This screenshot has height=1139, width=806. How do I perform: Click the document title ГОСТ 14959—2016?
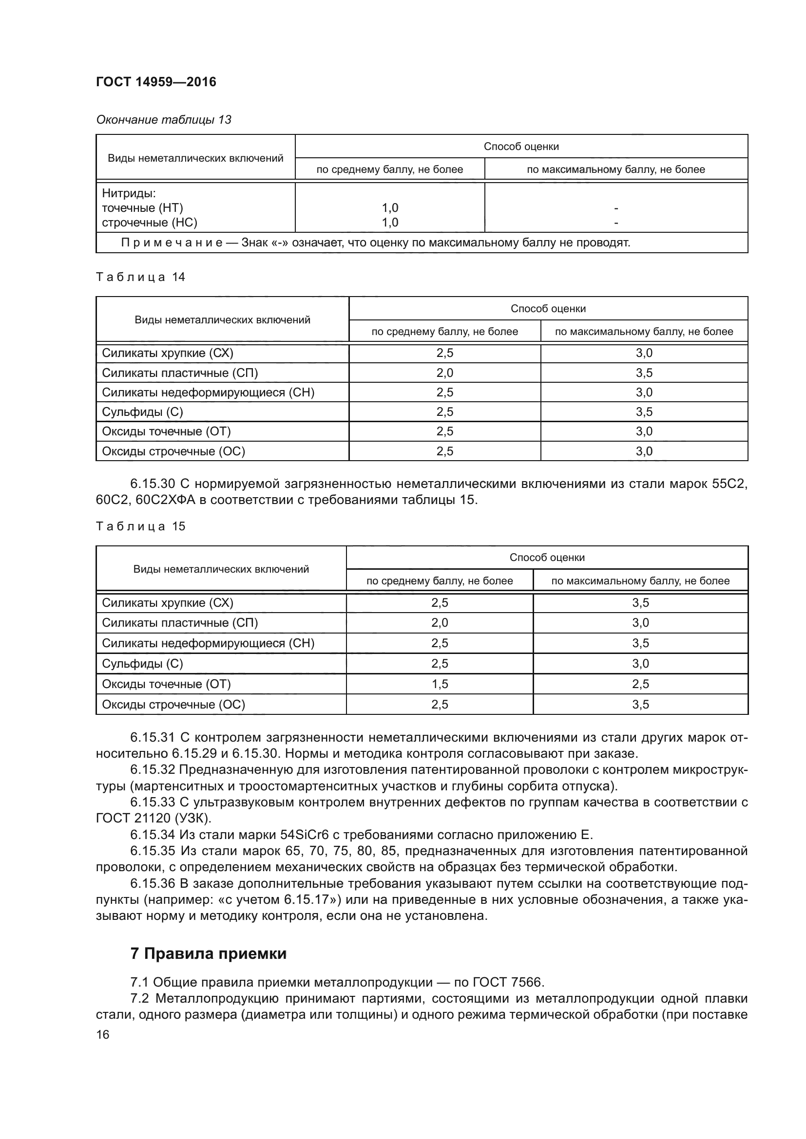coord(156,82)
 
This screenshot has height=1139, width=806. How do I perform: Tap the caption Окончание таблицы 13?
coord(164,120)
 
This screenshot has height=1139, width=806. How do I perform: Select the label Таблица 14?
coord(140,277)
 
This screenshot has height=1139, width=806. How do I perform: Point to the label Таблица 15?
coord(140,526)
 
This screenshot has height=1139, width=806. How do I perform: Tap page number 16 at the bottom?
coord(103,1034)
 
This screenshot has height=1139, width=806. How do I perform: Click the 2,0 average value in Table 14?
coord(445,373)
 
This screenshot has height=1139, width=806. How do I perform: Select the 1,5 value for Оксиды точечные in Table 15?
coord(439,684)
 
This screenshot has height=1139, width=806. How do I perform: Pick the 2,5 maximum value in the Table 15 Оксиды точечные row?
coord(640,684)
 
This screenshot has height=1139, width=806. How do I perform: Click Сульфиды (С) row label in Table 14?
coord(142,412)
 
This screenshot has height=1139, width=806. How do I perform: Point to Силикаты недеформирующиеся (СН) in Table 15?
coord(208,643)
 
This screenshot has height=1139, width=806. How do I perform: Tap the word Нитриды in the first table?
coord(129,193)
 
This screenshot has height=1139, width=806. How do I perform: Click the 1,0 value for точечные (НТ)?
coord(390,208)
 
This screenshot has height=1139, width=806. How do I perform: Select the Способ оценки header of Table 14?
coord(548,309)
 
